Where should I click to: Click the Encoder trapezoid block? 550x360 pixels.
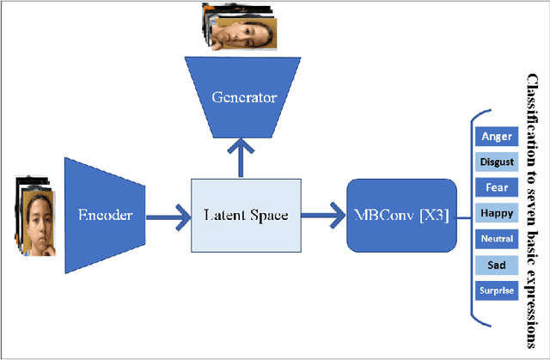coord(106,214)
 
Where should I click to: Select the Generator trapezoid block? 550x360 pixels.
coord(244,97)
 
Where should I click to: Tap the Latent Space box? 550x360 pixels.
coord(245,215)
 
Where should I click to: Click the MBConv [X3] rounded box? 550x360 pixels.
coord(400,214)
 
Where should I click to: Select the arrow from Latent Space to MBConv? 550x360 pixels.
coord(322,215)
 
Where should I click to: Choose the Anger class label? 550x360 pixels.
coord(497,136)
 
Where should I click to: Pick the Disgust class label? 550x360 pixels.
coord(497,162)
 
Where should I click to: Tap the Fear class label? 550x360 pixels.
coord(497,187)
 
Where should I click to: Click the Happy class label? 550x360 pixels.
coord(497,213)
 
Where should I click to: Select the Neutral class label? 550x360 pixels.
coord(497,239)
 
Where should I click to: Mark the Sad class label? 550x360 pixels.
coord(497,265)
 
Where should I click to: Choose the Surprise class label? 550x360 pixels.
coord(497,290)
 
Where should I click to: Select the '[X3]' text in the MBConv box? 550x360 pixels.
coord(430,214)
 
